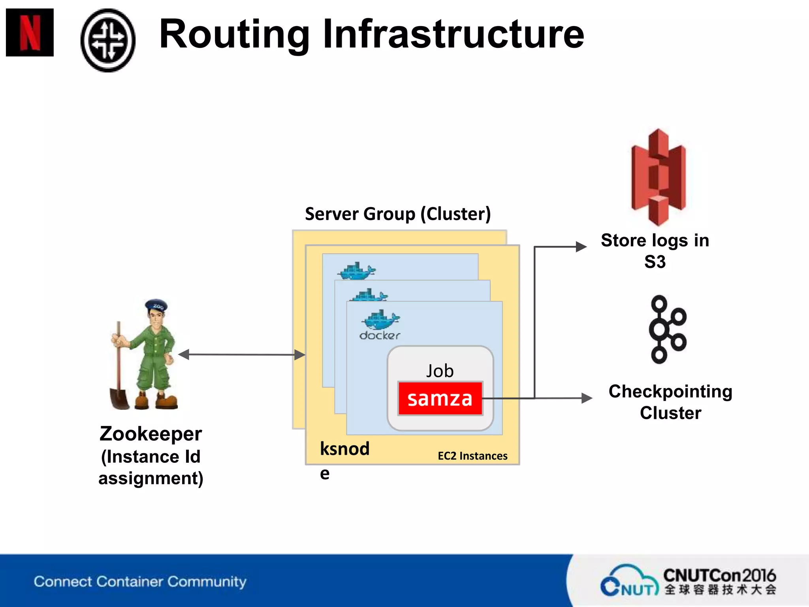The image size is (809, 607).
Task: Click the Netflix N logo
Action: (30, 32)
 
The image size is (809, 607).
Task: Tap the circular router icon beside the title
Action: (108, 40)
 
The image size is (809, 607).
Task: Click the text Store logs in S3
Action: (655, 251)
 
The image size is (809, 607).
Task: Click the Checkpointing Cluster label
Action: (670, 402)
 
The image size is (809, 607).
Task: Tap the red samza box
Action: (440, 398)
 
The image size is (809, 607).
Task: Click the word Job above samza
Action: (440, 371)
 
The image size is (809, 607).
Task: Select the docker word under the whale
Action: (380, 336)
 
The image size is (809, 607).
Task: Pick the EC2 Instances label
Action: (472, 456)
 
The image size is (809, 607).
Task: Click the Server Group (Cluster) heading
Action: (398, 214)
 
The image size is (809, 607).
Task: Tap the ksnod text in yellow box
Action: (344, 449)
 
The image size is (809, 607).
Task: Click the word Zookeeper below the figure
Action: (151, 434)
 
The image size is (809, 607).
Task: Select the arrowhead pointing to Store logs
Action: (581, 247)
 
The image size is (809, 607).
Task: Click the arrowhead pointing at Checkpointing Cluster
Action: (587, 398)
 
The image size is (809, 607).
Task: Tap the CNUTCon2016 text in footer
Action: (719, 575)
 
